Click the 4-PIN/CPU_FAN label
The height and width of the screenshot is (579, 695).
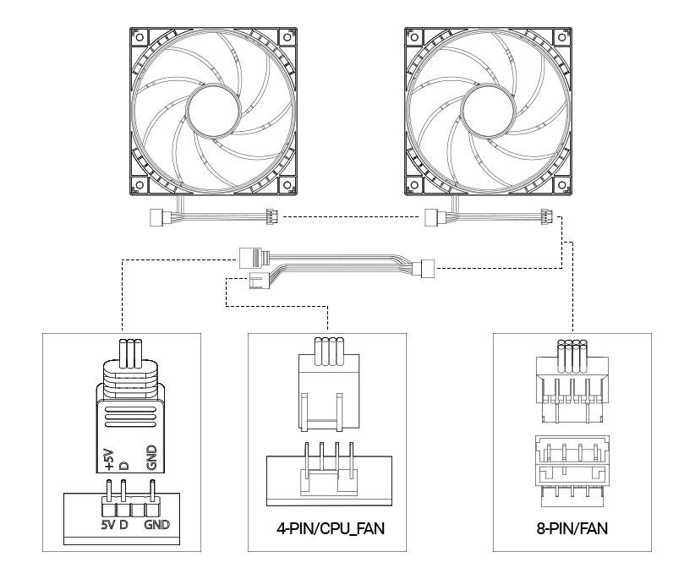click(x=331, y=528)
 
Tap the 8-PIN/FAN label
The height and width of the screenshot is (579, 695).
click(x=572, y=528)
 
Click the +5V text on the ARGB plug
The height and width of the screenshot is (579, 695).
click(x=109, y=459)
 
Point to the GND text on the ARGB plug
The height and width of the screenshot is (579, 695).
click(x=151, y=457)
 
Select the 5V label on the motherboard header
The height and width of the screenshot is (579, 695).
click(x=107, y=525)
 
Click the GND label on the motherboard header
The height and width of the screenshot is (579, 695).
click(x=157, y=525)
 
